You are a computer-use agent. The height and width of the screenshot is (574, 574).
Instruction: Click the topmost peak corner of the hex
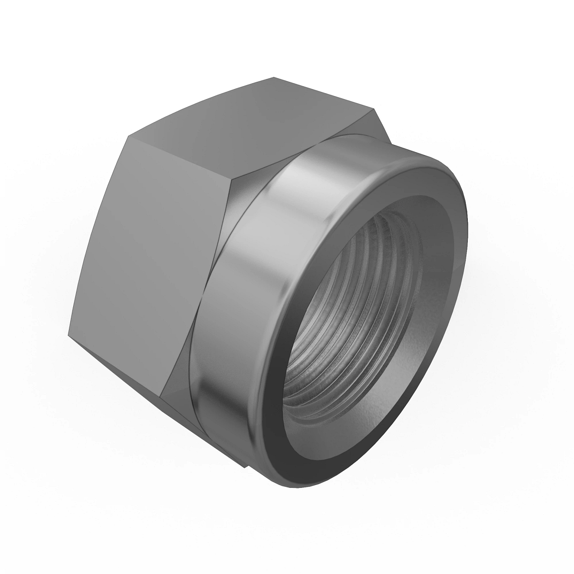click(274, 77)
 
